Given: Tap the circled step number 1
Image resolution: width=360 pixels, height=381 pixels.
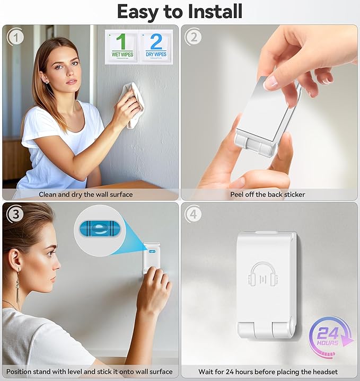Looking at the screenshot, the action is coord(16,38).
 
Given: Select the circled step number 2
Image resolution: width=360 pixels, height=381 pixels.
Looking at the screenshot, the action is coord(194,37).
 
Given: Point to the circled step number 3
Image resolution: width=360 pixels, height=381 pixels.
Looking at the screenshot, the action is coord(15,214).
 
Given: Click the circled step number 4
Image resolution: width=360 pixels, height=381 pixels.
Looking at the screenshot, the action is coord(193,214).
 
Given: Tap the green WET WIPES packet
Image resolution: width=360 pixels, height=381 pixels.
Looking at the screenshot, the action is coord(122,47).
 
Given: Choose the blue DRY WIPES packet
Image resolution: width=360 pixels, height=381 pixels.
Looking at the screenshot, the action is coord(156,47).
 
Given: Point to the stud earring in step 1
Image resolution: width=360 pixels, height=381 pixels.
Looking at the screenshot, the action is coord(47,82).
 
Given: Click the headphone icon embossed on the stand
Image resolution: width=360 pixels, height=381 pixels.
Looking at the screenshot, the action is coord(263,274).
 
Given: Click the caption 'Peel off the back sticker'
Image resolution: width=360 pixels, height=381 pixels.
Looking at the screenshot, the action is coord(268,194).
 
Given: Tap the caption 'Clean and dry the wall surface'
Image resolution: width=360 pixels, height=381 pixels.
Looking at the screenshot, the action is coord(86,194).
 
